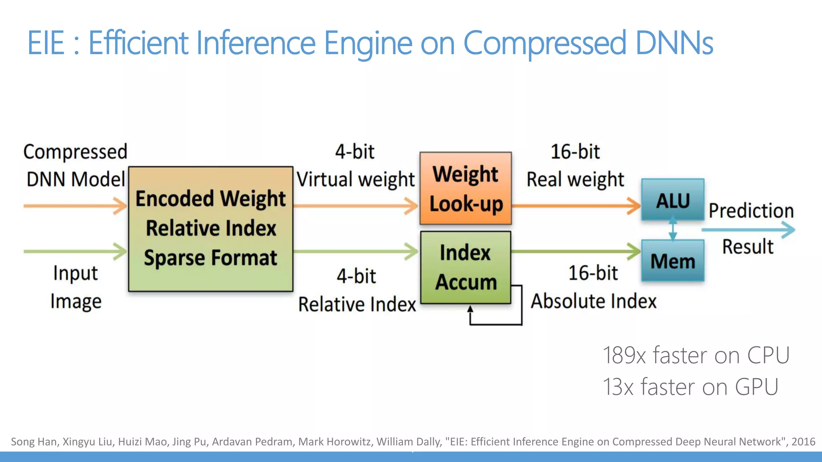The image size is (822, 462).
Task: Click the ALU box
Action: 673,200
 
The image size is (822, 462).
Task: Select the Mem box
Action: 673,261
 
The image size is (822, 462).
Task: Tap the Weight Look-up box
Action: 466,188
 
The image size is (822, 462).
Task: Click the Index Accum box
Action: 466,267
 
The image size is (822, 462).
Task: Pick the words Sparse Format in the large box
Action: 210,258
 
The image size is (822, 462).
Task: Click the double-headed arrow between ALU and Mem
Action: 673,229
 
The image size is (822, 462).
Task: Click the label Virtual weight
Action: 356,179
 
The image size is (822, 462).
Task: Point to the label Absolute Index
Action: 594,301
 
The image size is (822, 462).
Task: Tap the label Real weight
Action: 575,179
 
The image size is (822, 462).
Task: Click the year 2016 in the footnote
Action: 803,442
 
